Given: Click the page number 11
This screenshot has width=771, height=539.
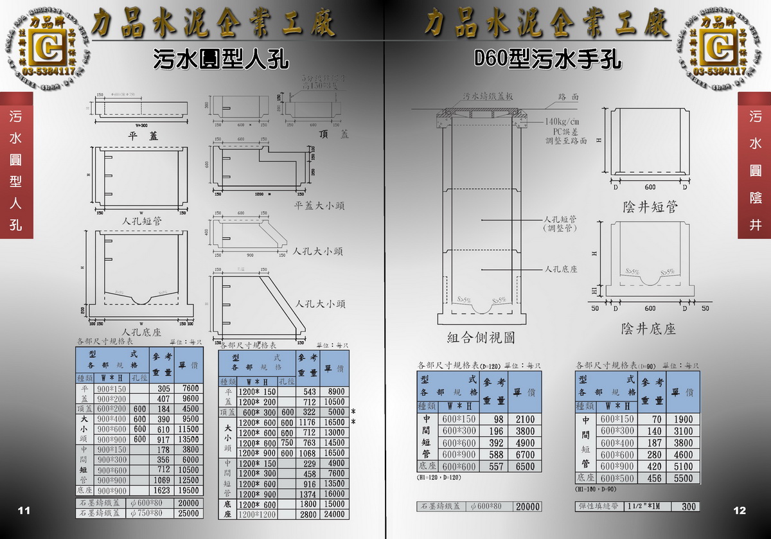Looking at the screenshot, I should pyautogui.click(x=24, y=511).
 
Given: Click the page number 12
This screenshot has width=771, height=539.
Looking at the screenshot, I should pyautogui.click(x=740, y=511).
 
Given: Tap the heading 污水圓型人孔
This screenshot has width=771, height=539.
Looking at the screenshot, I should pyautogui.click(x=220, y=60).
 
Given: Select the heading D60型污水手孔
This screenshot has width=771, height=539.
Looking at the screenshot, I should pyautogui.click(x=547, y=60).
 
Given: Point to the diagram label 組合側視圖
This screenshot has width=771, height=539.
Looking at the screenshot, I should pyautogui.click(x=481, y=337).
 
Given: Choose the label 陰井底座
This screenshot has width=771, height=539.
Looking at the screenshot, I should pyautogui.click(x=649, y=329).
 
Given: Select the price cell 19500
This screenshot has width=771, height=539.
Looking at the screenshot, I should pyautogui.click(x=191, y=490).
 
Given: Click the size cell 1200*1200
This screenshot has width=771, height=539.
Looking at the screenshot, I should pyautogui.click(x=257, y=515).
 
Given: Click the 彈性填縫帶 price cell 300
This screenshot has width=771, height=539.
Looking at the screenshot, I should pyautogui.click(x=689, y=507).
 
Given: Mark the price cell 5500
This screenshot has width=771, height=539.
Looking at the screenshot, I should pyautogui.click(x=683, y=479).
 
